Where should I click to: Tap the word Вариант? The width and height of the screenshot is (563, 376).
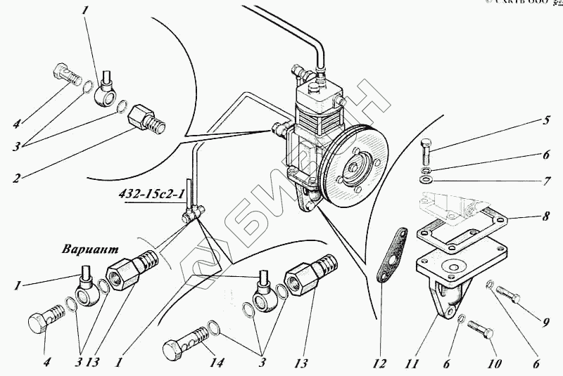(89, 249)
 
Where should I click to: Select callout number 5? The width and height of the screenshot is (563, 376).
(545, 120)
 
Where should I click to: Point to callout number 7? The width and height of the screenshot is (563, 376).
(545, 181)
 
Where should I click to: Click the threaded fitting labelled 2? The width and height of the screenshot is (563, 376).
(149, 120)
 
